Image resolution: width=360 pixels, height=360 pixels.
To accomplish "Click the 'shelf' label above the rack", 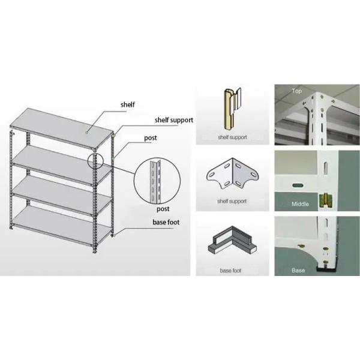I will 127,104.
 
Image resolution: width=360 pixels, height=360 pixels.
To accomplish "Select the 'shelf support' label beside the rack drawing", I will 173,120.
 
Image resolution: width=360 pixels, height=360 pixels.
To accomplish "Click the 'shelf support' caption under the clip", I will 232,137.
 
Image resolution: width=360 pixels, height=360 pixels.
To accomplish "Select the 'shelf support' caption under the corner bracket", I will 232,201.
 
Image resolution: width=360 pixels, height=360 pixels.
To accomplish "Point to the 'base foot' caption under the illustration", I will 232,271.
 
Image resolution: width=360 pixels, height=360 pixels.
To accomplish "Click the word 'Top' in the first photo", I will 296,91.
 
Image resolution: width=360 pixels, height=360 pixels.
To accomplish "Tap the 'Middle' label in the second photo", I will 300,204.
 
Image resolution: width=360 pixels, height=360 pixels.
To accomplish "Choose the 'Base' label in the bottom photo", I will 298,271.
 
